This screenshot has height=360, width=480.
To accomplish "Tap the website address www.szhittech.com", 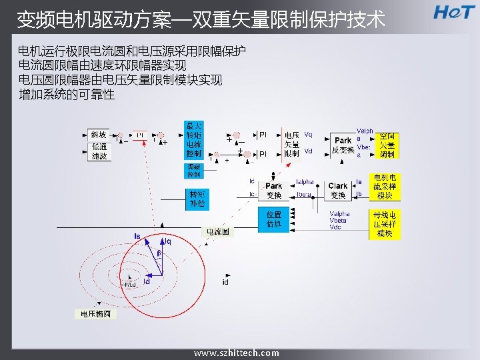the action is pos(237,353).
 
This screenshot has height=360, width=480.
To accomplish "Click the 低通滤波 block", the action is pos(99,151).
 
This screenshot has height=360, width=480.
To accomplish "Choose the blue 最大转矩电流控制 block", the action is pos(194,140).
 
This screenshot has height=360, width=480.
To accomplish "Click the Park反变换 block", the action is pos(343,145).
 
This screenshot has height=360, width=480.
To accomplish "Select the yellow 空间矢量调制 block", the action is pos(387,145).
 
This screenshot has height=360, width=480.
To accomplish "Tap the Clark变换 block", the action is pos(338,190).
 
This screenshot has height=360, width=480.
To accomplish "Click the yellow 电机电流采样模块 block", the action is pos(385,187).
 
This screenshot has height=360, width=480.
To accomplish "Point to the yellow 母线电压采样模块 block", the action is pos(385,224).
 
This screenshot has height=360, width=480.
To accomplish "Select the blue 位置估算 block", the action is pos(274,219).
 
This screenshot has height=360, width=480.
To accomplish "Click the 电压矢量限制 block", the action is pos(292,144).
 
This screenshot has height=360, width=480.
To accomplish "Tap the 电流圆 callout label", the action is pos(217,232).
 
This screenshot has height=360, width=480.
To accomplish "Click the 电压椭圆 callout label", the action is pos(98,313).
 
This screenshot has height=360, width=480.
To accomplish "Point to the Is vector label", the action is pos(137,236).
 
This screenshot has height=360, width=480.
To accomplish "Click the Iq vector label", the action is pos(167,241).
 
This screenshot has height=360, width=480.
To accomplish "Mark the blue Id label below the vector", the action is pos(147,282).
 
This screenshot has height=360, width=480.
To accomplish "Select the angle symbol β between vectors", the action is pos(159,254).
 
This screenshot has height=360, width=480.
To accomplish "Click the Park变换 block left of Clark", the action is pos(274,190).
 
